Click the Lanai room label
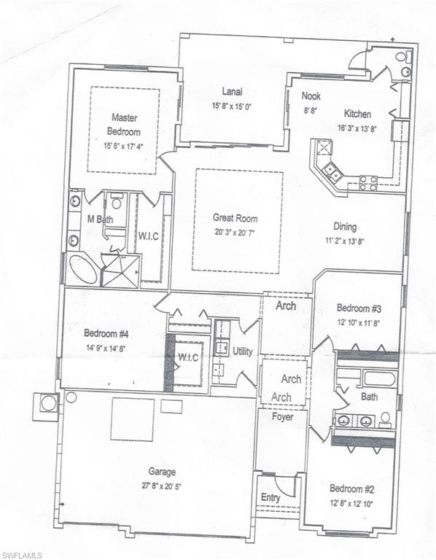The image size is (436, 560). pos(232,91)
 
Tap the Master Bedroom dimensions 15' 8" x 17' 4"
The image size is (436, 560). pos(123,146)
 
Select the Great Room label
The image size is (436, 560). pos(235,218)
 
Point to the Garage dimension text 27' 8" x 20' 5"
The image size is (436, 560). pos(162,486)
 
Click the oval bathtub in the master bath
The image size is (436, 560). pos(83,269)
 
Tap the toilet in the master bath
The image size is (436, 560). pos(117,202)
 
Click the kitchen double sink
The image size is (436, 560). pos(332,171)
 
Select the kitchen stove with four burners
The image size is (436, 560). pos(367,183)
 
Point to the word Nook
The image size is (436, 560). pos(311,96)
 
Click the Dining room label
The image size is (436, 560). pos(345,227)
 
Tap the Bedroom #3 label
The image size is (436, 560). pos(358,308)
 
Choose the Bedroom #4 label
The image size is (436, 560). pos(106,333)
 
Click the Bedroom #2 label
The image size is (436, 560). pos(351,489)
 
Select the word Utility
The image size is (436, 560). pos(243,351)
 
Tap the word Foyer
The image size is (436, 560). pos(282,417)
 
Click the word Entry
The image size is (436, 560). pos(270,497)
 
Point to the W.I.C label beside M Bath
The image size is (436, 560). pos(148,236)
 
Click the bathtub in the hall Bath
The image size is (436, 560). pos(379,378)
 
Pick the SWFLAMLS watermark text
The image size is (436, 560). pos(21,556)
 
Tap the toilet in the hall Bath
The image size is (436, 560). pos(385,420)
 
